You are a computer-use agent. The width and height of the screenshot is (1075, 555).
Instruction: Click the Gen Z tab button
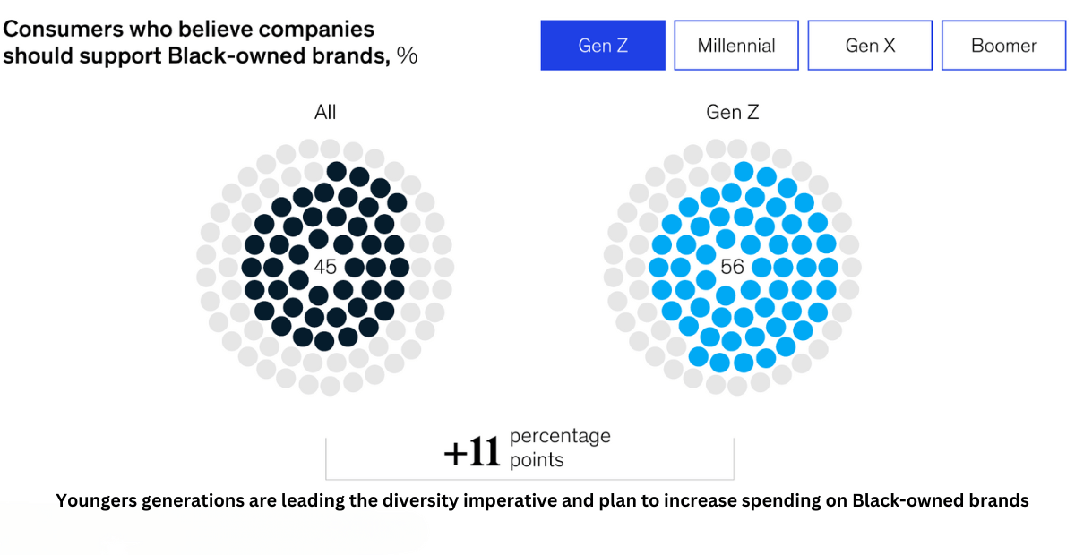(x=603, y=45)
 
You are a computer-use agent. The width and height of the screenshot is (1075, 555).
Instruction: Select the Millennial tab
(x=736, y=45)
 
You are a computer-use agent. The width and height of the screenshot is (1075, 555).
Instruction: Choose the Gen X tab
(x=870, y=45)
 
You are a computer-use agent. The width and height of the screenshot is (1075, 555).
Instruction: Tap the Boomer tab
(x=1003, y=45)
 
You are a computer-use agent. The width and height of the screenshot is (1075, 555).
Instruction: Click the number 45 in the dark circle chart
(x=325, y=267)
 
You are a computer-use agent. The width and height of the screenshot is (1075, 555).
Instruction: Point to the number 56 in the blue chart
(x=732, y=267)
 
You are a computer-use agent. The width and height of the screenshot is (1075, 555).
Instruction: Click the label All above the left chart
(x=325, y=112)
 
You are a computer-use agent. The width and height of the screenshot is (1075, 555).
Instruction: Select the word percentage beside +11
(x=560, y=437)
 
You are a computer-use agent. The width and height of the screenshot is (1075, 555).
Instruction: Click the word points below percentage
(x=537, y=460)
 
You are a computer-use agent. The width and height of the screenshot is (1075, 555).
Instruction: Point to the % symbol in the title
(x=408, y=55)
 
